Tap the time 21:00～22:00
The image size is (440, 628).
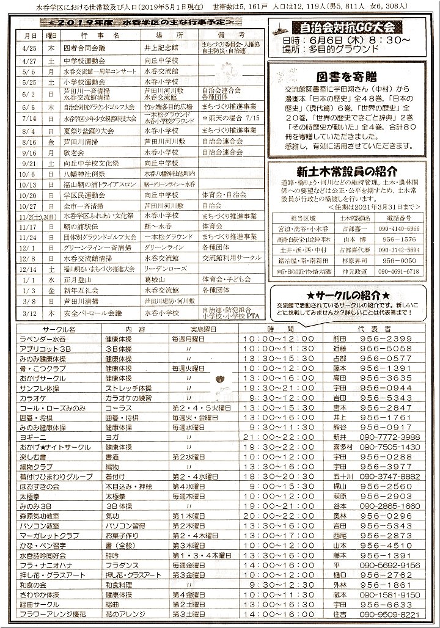point(279,437)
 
